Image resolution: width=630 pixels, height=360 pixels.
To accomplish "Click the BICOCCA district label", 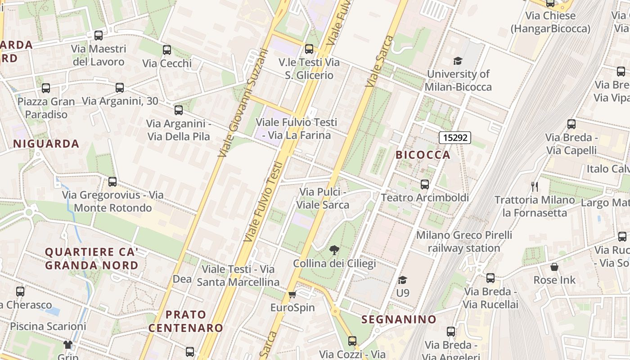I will coord(423,155).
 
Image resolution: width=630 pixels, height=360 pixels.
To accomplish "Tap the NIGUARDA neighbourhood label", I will coord(46,144).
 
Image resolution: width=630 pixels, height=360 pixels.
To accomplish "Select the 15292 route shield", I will coord(455,137).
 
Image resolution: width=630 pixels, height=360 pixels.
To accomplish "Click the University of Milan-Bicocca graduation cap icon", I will coord(458,61).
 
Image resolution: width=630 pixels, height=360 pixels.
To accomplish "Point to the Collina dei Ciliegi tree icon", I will coord(334,250).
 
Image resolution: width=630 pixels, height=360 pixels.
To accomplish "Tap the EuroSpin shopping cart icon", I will coord(292,295).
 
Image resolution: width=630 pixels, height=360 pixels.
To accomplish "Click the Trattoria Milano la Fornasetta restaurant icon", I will coord(535,186).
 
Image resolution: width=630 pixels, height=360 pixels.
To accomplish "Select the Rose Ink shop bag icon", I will coord(554,267).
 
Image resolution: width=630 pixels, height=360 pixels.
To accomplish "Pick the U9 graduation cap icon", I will coord(402,280).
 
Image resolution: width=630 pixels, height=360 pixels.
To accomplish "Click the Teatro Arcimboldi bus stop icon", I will coord(424,184).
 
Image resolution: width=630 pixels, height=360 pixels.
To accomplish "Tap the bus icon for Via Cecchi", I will coord(167,50).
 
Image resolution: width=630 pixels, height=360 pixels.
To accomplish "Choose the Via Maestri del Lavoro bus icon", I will coord(99,35).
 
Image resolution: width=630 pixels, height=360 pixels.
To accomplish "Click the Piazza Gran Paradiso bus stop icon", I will coord(46,88).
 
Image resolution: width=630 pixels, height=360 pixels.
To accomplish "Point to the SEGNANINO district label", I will coord(399,319).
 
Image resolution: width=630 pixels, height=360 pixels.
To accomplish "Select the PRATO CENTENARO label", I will coord(186,321).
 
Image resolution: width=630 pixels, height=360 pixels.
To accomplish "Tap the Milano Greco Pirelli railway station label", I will coord(464,242).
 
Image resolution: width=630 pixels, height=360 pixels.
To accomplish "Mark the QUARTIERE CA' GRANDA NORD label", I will coord(91,258).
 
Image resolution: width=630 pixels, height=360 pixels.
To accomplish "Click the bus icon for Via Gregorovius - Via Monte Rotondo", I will coord(112,182).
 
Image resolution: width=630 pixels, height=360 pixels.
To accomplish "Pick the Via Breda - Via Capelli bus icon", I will coord(571,124).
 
